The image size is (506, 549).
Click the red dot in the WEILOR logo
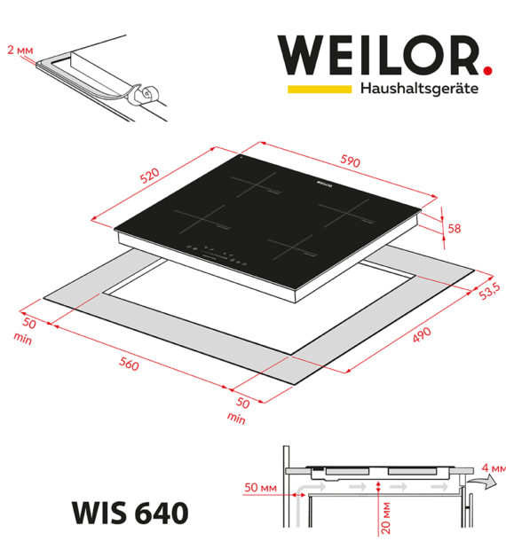point(487,70)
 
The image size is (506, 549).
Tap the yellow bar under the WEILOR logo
point(320,89)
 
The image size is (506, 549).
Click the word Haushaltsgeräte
point(419,89)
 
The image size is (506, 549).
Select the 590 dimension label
point(350,161)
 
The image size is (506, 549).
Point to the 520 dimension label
point(149,176)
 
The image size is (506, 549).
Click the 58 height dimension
point(455,228)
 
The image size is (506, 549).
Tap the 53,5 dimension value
point(489,291)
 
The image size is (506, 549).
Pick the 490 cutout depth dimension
point(422,334)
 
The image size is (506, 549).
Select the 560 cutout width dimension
point(129,364)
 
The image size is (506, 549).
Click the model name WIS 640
point(130,513)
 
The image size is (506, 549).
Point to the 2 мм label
point(20,50)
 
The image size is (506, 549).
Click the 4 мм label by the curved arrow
point(494,467)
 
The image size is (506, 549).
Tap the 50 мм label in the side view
point(260,488)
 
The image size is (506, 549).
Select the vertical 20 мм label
point(385,518)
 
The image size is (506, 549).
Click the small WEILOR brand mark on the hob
point(324,183)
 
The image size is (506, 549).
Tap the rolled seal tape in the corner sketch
point(148,95)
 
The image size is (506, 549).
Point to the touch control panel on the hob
point(217,254)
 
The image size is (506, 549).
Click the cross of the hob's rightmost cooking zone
point(346,213)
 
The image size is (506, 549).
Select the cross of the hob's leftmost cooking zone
point(202,220)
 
